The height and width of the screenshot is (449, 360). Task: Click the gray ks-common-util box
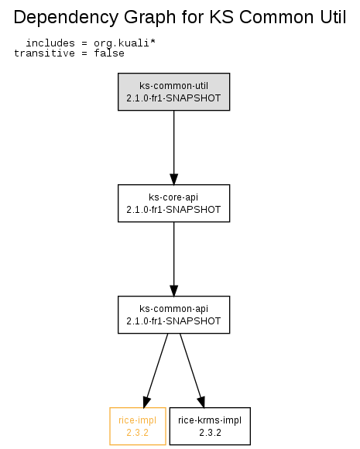(174, 91)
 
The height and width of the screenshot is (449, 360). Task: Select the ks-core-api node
(174, 203)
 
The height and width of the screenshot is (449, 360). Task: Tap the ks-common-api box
(174, 314)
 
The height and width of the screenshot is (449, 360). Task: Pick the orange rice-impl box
(138, 426)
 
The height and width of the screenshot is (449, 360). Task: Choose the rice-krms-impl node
(210, 426)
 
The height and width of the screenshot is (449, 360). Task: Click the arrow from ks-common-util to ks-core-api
(174, 147)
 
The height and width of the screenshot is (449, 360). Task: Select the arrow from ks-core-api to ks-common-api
(174, 259)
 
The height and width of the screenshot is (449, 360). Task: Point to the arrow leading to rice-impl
(156, 371)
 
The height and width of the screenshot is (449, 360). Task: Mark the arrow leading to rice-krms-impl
(192, 371)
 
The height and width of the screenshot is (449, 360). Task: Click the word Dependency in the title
(66, 18)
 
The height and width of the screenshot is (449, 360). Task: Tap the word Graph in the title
(149, 18)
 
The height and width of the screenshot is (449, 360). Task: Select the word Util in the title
(333, 17)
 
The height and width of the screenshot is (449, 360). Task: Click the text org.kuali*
(125, 43)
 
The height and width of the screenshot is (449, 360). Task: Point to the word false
(109, 53)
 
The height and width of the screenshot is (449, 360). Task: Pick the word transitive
(44, 53)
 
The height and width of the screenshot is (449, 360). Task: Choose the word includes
(50, 43)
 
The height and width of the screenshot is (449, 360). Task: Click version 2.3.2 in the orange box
(138, 433)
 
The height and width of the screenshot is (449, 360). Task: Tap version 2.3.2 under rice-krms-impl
(211, 433)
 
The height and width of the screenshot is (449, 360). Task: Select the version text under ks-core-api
(173, 210)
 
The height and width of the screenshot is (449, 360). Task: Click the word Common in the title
(276, 17)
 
